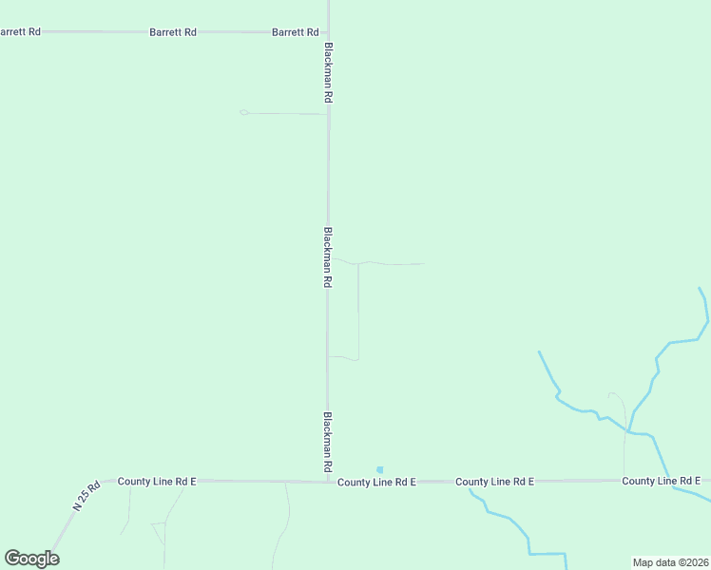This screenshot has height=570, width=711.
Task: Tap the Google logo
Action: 31,559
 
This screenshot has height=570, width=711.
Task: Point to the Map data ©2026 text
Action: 670,562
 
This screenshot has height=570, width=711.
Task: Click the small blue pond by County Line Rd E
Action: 379,469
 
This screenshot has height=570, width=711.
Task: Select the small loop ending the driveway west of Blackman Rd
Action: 244,112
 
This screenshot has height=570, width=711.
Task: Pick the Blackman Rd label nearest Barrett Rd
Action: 328,72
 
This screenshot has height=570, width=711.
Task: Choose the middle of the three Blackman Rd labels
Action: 328,256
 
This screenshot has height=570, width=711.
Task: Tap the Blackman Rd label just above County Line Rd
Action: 328,443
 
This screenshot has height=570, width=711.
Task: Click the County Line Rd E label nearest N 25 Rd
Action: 157,482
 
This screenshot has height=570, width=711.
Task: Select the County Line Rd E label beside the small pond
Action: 376,483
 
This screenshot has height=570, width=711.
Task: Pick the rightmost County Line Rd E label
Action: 662,482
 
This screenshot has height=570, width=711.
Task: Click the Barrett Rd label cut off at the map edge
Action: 19,31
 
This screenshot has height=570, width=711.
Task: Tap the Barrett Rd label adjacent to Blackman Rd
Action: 295,31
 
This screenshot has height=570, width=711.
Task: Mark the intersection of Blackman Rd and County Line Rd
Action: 328,482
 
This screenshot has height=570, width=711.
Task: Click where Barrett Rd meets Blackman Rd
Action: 328,32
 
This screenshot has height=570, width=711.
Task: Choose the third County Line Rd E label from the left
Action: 494,482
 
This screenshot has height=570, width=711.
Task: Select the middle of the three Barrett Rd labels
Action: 173,31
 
